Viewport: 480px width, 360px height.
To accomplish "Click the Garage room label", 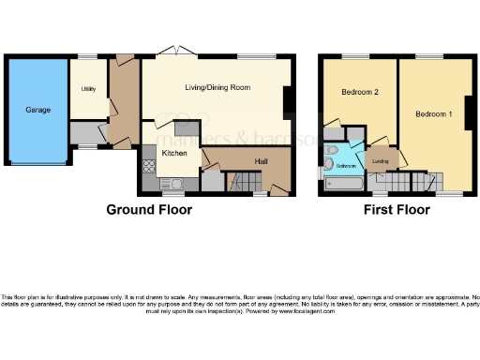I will (37, 110).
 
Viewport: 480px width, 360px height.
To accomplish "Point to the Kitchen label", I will (175, 153).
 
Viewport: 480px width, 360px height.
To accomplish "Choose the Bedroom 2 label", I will (359, 93).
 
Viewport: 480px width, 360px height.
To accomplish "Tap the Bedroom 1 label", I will (433, 114).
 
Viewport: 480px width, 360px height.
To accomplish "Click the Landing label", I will (380, 160).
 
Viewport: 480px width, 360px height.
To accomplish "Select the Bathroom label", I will (347, 165).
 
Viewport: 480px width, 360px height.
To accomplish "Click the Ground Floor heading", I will (149, 209).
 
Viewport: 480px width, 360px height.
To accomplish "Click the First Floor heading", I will (397, 209).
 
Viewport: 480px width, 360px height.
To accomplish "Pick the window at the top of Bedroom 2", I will (359, 57).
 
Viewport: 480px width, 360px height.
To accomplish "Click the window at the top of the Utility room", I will (88, 58).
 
